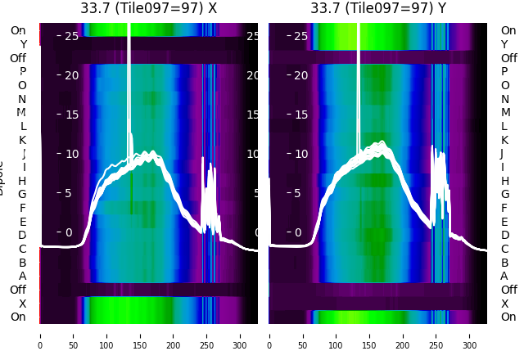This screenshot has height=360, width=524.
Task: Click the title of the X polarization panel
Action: click(148, 8)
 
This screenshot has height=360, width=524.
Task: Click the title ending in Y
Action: click(378, 8)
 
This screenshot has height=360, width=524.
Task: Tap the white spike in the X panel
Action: click(129, 82)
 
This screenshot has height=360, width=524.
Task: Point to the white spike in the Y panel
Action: click(359, 82)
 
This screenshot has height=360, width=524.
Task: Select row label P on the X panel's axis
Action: click(22, 72)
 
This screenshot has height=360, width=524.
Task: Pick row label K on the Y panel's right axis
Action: click(504, 140)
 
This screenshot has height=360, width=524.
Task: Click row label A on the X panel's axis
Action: click(22, 277)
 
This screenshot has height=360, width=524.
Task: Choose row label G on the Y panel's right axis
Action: click(504, 195)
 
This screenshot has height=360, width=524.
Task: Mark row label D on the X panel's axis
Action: click(22, 236)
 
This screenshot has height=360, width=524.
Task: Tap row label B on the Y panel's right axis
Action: click(504, 263)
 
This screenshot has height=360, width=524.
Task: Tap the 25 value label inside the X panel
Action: click(70, 36)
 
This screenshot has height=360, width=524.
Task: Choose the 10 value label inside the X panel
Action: click(70, 154)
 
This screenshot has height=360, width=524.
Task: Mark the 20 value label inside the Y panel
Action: click(300, 75)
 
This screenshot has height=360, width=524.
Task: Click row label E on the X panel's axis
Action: click(22, 222)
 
